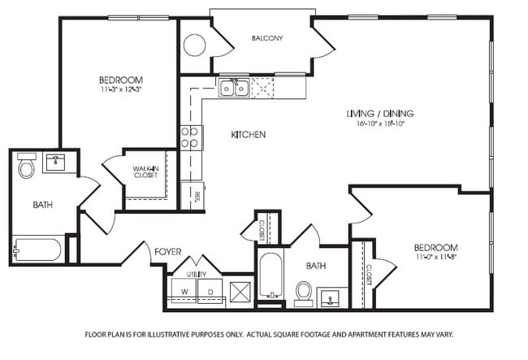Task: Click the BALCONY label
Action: point(266,38)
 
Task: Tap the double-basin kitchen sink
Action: point(234,87)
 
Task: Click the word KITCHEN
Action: point(248,134)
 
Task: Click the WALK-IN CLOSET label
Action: point(145,172)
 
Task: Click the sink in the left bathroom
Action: point(55,162)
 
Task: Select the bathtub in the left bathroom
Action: point(37,249)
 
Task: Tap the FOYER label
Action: point(167,253)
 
